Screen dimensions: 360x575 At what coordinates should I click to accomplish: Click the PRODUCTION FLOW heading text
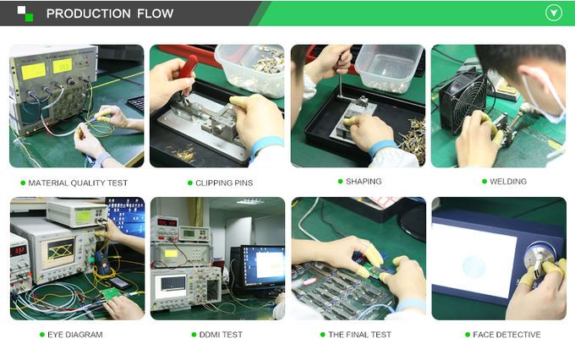pos(110,14)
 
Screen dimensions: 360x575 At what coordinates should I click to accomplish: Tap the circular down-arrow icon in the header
pos(553,13)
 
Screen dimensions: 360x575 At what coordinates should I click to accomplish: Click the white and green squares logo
pos(25,14)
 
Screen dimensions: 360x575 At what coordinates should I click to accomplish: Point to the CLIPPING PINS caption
pos(223,183)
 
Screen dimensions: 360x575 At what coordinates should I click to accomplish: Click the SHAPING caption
pos(364,182)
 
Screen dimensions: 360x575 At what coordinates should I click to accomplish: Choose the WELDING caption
pos(507,182)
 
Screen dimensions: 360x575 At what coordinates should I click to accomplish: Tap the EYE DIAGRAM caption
pos(76,335)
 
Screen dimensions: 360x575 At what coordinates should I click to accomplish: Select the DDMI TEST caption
pos(220,335)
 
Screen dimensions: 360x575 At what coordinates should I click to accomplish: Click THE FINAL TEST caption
pos(359,335)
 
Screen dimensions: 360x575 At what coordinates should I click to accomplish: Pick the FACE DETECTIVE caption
pos(507,335)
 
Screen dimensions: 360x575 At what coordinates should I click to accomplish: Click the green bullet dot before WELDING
pos(484,182)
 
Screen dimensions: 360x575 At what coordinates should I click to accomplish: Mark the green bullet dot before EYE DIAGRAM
pos(42,335)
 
